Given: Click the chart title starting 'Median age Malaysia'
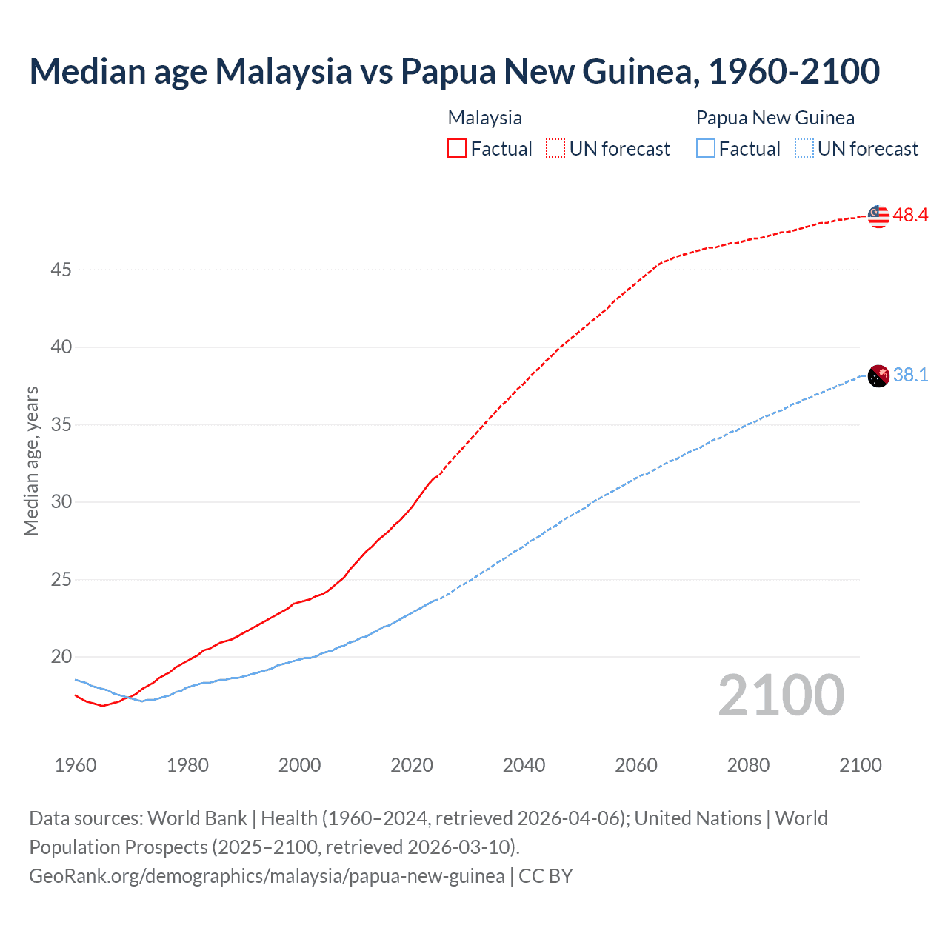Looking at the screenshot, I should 454,71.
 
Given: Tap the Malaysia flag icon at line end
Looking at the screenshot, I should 878,216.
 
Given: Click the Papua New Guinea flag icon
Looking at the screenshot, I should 878,376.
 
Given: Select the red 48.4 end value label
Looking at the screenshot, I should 910,216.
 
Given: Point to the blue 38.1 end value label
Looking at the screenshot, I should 910,375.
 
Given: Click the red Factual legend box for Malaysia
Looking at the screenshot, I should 457,149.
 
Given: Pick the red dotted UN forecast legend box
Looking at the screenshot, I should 555,149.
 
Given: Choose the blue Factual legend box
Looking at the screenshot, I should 706,149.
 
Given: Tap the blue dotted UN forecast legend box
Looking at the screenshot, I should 804,149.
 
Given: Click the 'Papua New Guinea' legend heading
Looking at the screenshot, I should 775,118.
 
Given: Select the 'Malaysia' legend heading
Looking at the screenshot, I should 484,118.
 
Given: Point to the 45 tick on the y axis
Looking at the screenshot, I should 61,270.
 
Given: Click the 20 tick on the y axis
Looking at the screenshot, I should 61,657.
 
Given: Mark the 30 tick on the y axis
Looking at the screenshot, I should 61,502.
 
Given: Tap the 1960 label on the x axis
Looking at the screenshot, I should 76,765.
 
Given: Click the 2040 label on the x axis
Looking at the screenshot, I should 524,765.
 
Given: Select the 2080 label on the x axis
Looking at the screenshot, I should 748,765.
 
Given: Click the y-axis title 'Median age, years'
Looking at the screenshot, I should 31,461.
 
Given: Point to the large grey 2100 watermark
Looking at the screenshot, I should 781,695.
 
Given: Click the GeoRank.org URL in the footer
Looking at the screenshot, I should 267,876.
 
